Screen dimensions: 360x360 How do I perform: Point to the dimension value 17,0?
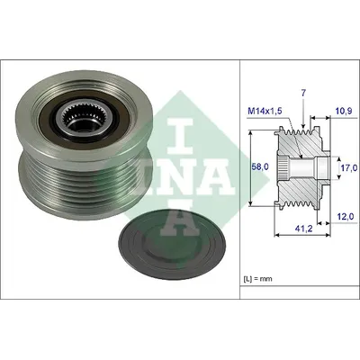click(349, 167)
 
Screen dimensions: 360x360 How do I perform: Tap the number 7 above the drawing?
click(303, 93)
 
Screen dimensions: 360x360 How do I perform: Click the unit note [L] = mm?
click(256, 279)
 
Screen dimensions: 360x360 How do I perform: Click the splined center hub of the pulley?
click(75, 116)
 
